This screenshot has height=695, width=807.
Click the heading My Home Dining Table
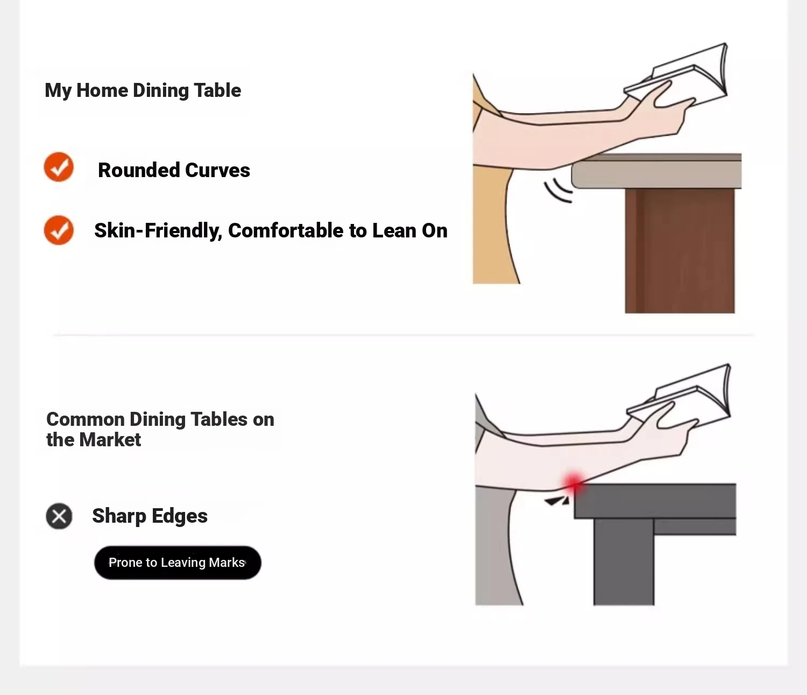tap(143, 90)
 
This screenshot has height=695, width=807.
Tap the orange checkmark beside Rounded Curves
tap(59, 167)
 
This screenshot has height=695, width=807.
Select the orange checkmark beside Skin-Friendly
tap(59, 230)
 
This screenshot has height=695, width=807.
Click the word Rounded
tap(138, 170)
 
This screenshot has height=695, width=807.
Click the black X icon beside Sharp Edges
tap(59, 516)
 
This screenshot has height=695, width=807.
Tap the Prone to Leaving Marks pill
tap(178, 563)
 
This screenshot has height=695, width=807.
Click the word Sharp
tap(119, 516)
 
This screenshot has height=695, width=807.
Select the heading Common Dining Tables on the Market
tap(160, 430)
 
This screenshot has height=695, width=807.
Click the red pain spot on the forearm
tap(573, 483)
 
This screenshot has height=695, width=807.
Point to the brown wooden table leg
tap(679, 251)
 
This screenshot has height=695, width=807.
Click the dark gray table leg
tap(624, 562)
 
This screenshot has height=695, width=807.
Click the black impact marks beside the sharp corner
tap(557, 501)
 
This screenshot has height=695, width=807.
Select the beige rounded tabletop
tap(657, 171)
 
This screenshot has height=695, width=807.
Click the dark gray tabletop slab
tap(655, 501)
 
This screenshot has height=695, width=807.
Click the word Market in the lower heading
tap(110, 439)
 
